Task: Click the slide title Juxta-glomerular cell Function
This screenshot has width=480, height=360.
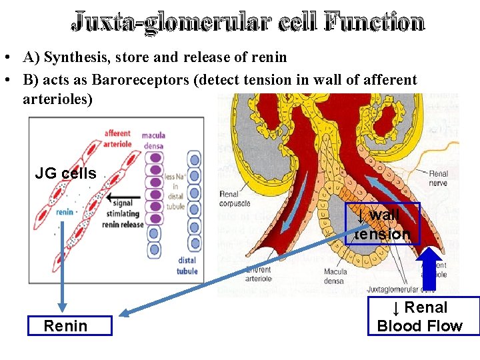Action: click(x=247, y=23)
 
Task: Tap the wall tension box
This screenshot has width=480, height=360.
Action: click(x=383, y=224)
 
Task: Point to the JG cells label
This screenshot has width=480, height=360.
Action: click(x=65, y=174)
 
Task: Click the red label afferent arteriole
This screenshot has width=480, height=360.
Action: click(x=118, y=137)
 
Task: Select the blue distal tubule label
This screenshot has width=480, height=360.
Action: click(x=187, y=266)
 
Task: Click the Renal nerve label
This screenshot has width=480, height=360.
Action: click(x=439, y=177)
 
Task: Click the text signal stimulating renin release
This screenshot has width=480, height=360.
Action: click(x=123, y=215)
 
